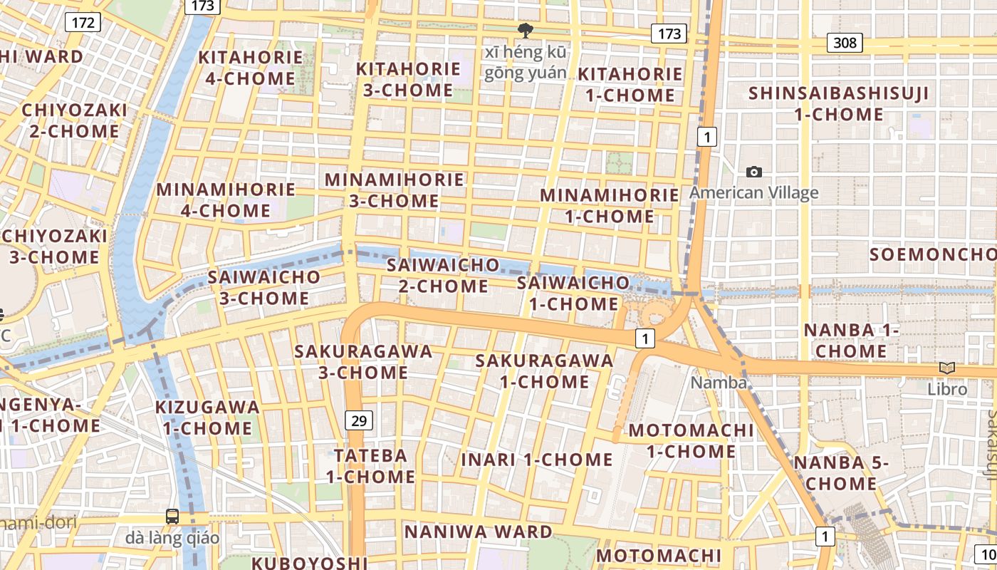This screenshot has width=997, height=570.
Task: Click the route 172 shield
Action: (83, 22)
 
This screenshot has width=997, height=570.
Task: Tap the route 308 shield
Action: (845, 43)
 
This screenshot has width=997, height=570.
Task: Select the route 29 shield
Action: (359, 420)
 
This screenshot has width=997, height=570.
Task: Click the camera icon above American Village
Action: (753, 172)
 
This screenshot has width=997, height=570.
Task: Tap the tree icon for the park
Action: (526, 31)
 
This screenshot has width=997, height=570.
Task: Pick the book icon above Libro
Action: (946, 368)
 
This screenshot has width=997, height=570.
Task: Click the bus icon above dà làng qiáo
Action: (172, 516)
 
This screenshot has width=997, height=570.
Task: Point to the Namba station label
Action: (719, 383)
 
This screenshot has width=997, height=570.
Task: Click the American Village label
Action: (753, 192)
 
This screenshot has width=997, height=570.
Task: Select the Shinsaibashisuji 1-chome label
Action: (838, 103)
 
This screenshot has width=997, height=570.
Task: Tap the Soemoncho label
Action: (932, 254)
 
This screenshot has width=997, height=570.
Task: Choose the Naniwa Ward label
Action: (478, 532)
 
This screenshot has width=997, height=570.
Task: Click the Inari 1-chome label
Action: (536, 460)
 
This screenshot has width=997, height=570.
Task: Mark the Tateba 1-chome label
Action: (370, 466)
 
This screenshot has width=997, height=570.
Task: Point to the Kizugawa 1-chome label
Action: (207, 418)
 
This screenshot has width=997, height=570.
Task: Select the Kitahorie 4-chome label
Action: (250, 68)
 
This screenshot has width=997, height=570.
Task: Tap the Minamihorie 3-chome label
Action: (394, 190)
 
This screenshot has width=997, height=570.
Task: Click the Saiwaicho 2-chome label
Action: (442, 276)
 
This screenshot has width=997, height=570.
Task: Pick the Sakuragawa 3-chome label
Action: (363, 362)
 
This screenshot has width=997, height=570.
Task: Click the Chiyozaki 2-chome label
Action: (74, 120)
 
